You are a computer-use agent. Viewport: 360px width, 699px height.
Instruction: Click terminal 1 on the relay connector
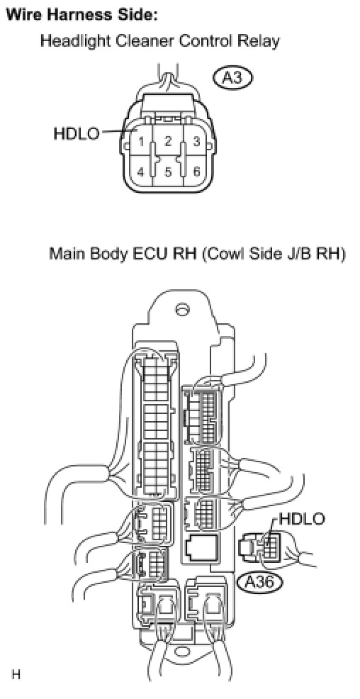tap(140, 142)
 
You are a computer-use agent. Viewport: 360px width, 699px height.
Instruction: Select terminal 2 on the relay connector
tap(167, 141)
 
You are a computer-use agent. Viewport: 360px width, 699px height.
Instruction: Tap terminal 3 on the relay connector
tap(195, 142)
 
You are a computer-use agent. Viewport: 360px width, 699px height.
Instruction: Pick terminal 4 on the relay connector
tap(140, 172)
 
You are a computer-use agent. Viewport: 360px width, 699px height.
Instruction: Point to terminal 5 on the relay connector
tap(167, 172)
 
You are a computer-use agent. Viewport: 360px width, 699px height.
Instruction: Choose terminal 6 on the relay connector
tap(196, 172)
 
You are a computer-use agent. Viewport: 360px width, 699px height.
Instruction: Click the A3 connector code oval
tap(232, 79)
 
